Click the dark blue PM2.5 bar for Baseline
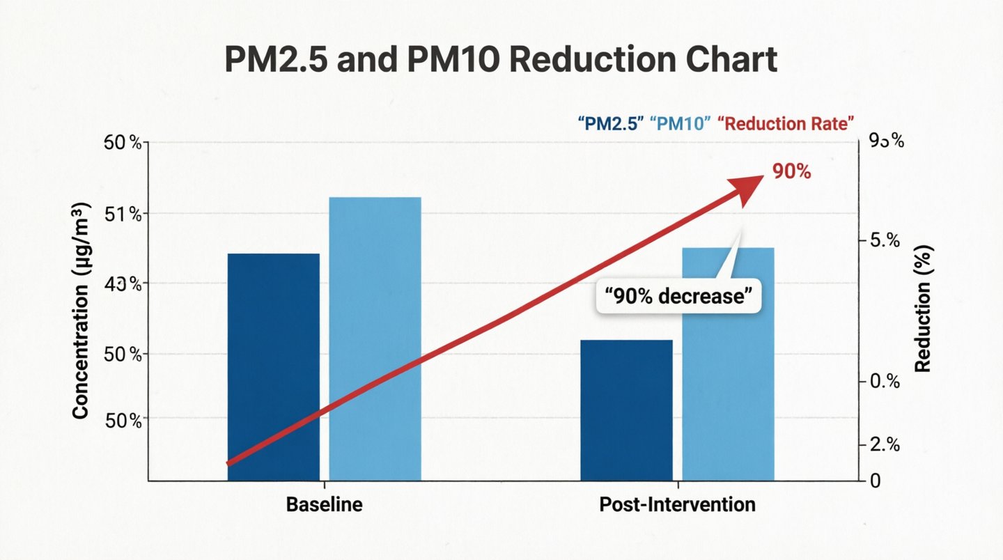273,366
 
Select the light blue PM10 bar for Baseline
375,339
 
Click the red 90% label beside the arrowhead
791,171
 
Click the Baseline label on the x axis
325,504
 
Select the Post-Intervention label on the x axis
677,504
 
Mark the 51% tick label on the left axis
123,214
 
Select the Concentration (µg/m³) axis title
81,311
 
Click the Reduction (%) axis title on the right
923,309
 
